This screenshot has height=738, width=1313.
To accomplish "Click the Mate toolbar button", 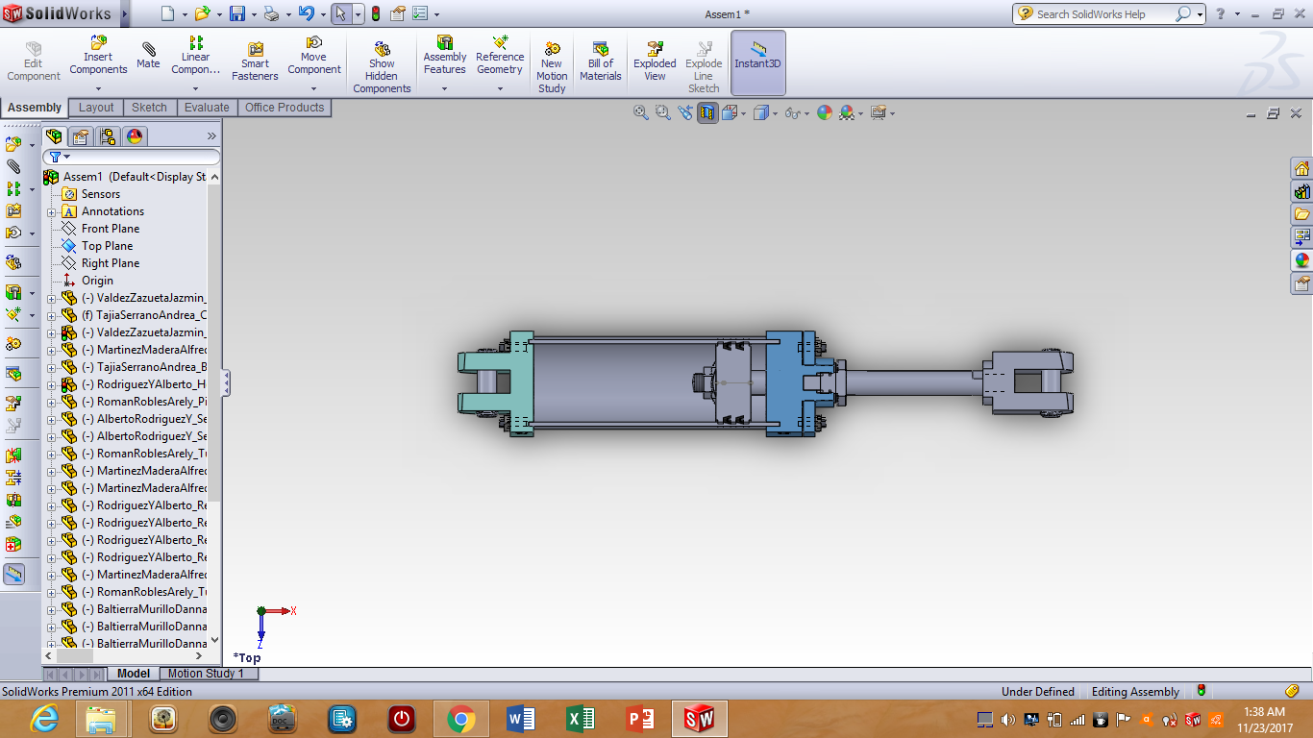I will click(x=148, y=55).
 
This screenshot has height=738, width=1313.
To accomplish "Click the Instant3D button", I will click(x=758, y=58).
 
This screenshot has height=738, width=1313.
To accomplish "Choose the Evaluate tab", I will click(x=207, y=108).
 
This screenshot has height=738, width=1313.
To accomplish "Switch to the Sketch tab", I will click(x=149, y=108).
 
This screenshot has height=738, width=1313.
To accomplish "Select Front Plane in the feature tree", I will click(x=110, y=229).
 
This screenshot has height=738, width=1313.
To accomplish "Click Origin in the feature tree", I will click(x=97, y=281).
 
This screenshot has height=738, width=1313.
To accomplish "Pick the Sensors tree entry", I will click(x=100, y=194).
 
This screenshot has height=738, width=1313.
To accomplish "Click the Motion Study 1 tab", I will click(x=206, y=674).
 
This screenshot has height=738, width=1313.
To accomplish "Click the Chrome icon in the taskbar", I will click(x=461, y=719).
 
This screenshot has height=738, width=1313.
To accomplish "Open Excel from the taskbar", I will click(x=581, y=719).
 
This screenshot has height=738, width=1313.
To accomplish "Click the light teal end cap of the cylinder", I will click(x=520, y=383).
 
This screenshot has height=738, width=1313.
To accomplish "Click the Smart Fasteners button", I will click(x=255, y=61).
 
